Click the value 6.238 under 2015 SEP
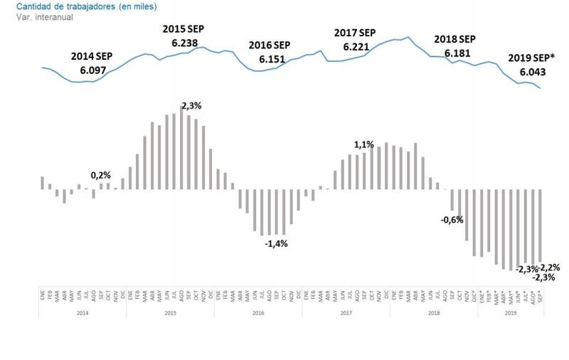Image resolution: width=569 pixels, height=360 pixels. coord(186,43)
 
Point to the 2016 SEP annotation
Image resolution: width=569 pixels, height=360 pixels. coord(270,44)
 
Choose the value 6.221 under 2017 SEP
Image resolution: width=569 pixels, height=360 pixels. coord(356,47)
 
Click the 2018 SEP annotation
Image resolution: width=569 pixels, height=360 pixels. coord(455,39)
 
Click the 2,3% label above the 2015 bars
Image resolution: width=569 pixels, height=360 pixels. coord(191,105)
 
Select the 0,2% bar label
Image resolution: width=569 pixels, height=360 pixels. coord(100,175)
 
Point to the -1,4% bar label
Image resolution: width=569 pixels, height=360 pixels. coord(275,243)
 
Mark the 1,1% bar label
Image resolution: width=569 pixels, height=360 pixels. coord(364,144)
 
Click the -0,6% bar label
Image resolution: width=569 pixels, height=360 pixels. coord(452,219)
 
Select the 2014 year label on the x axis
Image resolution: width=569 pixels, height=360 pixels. coord(83,312)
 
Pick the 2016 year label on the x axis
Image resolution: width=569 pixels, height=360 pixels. coord(259,312)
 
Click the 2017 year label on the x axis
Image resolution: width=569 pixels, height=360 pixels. coord(346,312)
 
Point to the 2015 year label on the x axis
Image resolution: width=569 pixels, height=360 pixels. coord(171,312)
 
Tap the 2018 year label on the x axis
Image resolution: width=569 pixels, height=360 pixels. coord(433,312)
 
